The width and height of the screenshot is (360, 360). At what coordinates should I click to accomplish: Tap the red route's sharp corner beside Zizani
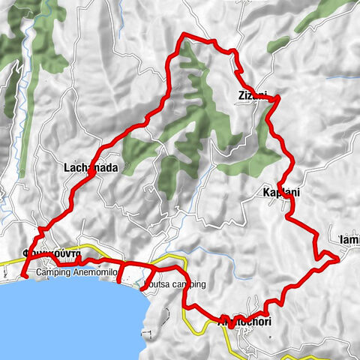[278, 97]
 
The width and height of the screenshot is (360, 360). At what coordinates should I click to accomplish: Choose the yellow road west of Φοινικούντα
[9, 263]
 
